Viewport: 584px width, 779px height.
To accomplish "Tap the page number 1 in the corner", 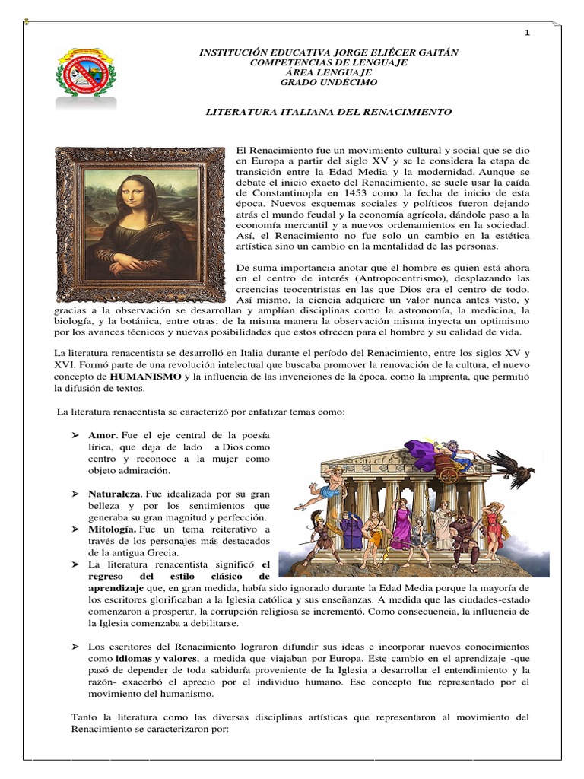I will coord(527,33).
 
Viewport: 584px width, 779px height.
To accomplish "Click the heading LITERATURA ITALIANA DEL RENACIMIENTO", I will coord(329,112).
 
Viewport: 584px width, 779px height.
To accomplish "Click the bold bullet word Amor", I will coord(103,434).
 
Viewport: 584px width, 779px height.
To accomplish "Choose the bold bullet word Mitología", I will coord(113,528).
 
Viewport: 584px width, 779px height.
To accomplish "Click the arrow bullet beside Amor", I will coord(75,434).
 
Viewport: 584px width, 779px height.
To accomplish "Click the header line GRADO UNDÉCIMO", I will coord(328,82).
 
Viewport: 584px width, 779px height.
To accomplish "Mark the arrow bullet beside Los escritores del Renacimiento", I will coord(75,646).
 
